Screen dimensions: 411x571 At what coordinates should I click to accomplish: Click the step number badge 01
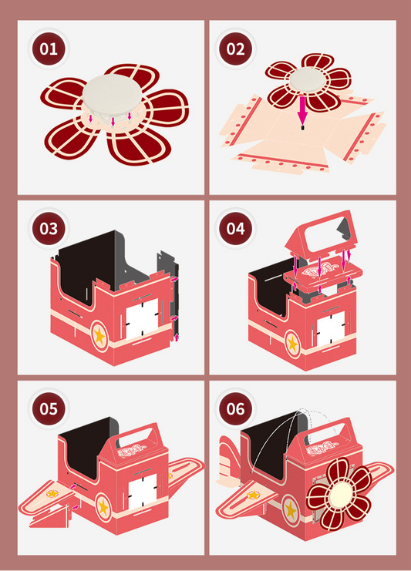tap(49, 49)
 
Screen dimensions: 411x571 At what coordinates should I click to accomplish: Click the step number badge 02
tap(236, 49)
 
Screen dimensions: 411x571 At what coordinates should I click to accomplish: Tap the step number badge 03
tap(49, 229)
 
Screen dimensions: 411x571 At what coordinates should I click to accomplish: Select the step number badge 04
tap(236, 229)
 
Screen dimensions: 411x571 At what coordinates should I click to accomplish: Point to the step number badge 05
tap(49, 408)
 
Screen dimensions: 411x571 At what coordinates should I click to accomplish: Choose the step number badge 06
tap(236, 408)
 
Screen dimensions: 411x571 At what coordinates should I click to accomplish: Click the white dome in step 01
tap(113, 95)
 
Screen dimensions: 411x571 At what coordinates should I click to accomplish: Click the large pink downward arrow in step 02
tap(302, 111)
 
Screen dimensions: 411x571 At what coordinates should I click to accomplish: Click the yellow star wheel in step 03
tap(99, 336)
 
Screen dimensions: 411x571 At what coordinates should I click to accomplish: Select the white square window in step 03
tap(143, 319)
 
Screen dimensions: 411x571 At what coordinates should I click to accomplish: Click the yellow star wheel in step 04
tap(292, 344)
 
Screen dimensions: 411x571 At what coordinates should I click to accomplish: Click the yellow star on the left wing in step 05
tap(52, 494)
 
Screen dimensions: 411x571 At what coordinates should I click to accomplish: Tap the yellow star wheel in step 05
tap(104, 506)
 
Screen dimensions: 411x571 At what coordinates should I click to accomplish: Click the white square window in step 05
tap(143, 492)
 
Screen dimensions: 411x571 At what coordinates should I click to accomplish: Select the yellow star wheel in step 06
tap(291, 511)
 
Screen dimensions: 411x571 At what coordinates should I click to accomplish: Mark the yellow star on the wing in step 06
tap(254, 495)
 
